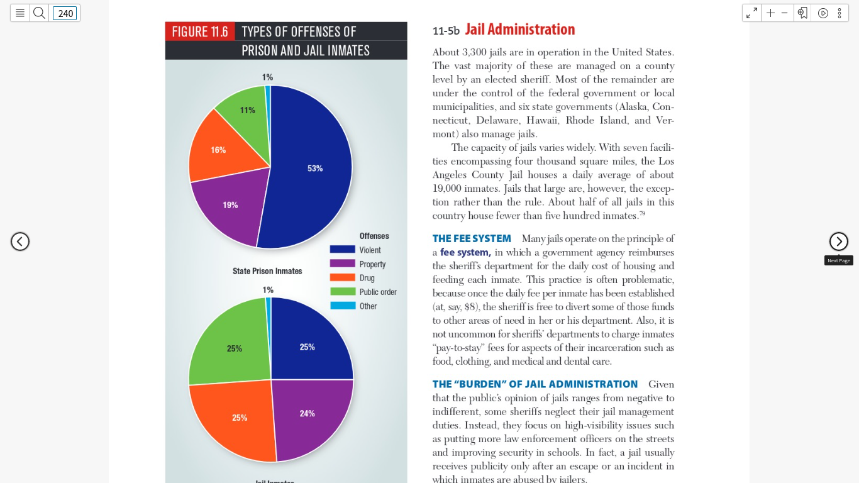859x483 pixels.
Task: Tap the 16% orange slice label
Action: click(x=218, y=150)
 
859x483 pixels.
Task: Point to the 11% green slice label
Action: click(x=247, y=111)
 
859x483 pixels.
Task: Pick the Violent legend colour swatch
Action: click(x=343, y=250)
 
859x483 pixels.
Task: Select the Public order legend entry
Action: click(x=363, y=292)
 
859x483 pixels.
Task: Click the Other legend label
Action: click(x=368, y=306)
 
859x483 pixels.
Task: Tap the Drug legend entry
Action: click(x=352, y=278)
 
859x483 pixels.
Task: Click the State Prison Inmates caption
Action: click(x=267, y=271)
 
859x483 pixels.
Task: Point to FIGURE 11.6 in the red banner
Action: click(x=200, y=31)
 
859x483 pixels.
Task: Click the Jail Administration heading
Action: click(x=519, y=30)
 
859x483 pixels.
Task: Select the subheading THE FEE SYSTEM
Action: click(x=472, y=238)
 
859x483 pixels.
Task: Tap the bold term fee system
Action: click(x=465, y=252)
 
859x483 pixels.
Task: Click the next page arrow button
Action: click(x=839, y=241)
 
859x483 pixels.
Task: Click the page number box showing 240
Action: click(x=65, y=13)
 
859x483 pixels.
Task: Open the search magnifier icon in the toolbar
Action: click(x=39, y=13)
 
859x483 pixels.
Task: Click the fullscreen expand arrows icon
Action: click(x=751, y=13)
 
